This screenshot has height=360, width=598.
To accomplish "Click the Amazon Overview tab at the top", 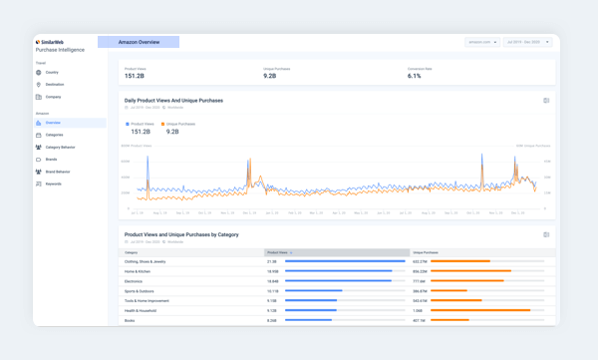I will pos(139,43).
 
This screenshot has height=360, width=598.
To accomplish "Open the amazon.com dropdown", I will pos(482,43).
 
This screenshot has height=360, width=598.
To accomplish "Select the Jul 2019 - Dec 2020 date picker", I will pos(527,43).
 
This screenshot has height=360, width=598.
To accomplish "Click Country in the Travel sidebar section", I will pos(52,73).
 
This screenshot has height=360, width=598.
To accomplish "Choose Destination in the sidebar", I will pos(54,85).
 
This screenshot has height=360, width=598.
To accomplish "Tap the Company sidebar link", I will pos(53,98).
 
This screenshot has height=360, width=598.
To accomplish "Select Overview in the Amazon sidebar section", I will pos(53,123).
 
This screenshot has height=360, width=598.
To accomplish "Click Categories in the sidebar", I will pos(54,135).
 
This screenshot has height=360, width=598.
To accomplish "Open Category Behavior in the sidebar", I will pos(60,148).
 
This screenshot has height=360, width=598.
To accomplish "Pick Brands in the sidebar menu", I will pos(52,160).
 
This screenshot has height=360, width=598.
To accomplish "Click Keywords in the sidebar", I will pos(53,184).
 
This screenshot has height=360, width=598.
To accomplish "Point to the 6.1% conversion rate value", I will pos(415,76).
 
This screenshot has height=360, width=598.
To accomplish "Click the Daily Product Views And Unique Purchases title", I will pos(173,101).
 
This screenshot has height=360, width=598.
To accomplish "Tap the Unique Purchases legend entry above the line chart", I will pos(178,125).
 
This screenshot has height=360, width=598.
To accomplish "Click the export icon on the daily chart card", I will pos(546,101).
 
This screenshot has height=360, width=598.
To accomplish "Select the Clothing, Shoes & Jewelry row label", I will pos(146,261).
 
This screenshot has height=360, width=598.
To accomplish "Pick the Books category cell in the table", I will pos(131,320).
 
